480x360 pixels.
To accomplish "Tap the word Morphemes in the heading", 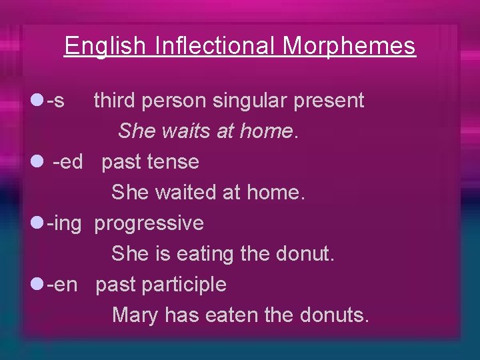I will click(349, 46).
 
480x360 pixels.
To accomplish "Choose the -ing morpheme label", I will click(64, 223).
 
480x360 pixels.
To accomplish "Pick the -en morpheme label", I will click(62, 285).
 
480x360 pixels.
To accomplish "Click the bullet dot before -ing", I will click(37, 223).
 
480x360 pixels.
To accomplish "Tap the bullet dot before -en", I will click(37, 284).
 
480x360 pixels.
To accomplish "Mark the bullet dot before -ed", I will click(37, 161).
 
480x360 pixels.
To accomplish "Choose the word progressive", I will click(149, 223).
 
